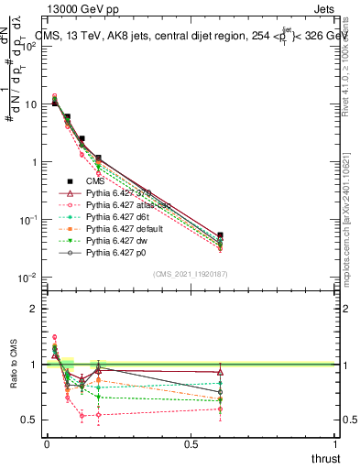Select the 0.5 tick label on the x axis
coord(191,445)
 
